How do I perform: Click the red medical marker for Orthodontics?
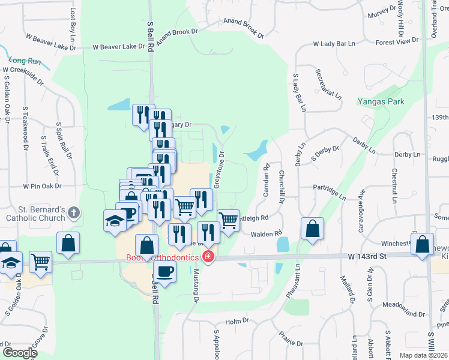point(208,257)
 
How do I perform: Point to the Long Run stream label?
point(25,61)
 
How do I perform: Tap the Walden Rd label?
point(267,233)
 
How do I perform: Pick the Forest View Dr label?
point(396,42)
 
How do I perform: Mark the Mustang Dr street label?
point(195,283)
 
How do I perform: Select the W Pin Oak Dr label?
point(43,186)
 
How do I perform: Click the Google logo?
point(19,353)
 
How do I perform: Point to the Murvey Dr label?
point(382,12)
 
